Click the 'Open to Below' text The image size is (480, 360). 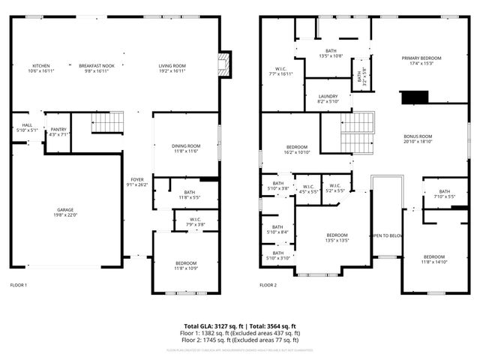click(387, 235)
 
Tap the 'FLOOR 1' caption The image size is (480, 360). click(18, 285)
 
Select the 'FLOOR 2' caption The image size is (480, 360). click(268, 285)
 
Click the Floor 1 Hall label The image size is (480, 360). click(26, 127)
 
